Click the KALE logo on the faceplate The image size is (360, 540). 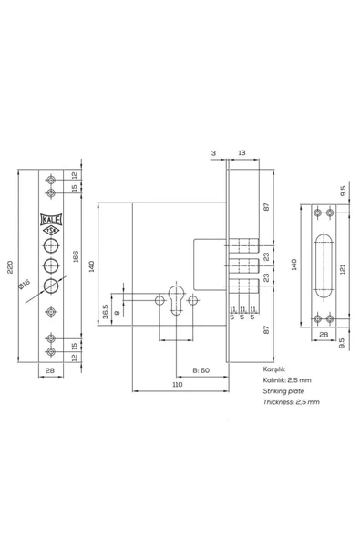51,219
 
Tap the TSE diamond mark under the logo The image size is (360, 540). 51,231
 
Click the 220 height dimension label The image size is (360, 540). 10,266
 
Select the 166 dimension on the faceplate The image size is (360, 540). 76,256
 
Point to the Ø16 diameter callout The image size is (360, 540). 25,285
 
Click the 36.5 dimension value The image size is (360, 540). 106,311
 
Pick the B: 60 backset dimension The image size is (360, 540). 201,370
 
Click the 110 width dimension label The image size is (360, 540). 177,384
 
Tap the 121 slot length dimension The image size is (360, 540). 342,269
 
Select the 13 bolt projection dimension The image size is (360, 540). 242,152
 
